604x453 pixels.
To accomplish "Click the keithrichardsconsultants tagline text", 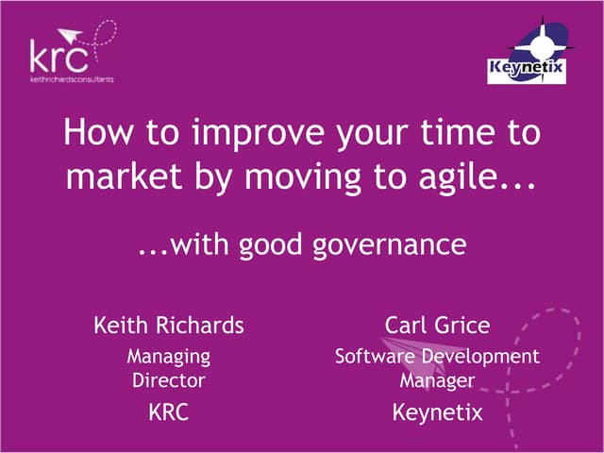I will coord(71,79).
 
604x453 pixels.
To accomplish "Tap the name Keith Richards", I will coord(169,326).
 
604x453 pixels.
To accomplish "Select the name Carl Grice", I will coord(437,326).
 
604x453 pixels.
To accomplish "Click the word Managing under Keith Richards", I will coord(169,357).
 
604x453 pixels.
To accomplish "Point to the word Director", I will coord(169,380).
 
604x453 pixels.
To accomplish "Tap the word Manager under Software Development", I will coord(437,380).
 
